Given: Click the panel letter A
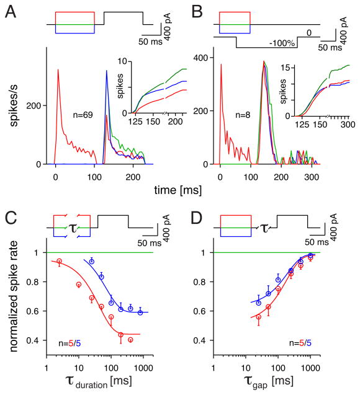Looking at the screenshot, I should [11, 11].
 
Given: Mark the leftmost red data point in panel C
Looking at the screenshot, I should [59, 261].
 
